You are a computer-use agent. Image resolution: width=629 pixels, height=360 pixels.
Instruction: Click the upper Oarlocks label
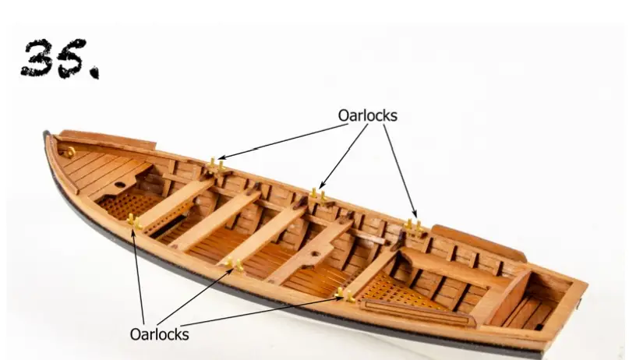pyautogui.click(x=367, y=115)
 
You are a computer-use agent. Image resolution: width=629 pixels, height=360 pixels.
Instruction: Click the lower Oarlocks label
pyautogui.click(x=159, y=334)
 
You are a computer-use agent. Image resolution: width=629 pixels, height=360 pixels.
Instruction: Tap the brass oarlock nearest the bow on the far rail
pyautogui.click(x=216, y=165)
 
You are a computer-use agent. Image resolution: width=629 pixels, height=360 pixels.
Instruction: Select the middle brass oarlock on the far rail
pyautogui.click(x=317, y=194)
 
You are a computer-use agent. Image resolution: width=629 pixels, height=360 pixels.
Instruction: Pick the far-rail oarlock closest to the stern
pyautogui.click(x=413, y=227)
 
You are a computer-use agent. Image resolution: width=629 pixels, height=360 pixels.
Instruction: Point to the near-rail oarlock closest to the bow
pyautogui.click(x=133, y=222)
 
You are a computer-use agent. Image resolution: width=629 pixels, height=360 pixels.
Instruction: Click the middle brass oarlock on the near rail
pyautogui.click(x=233, y=266)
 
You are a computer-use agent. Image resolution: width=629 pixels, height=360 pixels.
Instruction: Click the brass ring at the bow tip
pyautogui.click(x=68, y=152)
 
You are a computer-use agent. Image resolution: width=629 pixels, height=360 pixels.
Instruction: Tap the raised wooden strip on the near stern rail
pyautogui.click(x=417, y=313)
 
